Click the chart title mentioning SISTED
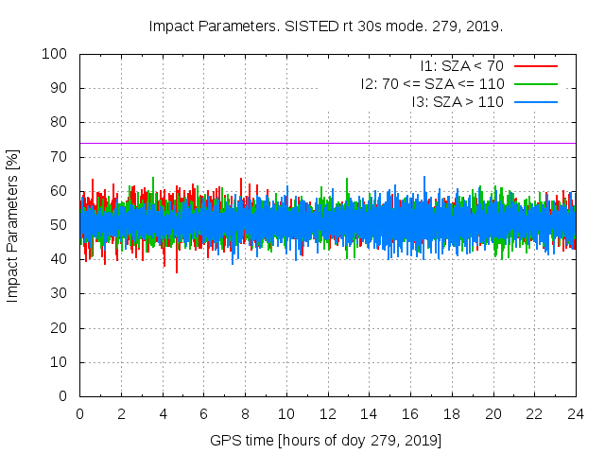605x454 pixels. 325,26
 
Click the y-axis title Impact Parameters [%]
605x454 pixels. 13,225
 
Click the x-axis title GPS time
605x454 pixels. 326,440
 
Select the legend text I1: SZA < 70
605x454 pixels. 461,66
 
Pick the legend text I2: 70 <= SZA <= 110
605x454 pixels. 432,83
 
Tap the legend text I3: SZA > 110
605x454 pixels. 458,101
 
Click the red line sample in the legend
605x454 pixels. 535,66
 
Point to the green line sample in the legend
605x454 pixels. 535,83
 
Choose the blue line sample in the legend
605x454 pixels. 535,101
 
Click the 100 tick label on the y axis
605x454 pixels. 55,54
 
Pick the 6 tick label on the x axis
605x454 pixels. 203,413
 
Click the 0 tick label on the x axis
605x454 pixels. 79,413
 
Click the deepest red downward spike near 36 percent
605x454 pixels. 176,271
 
